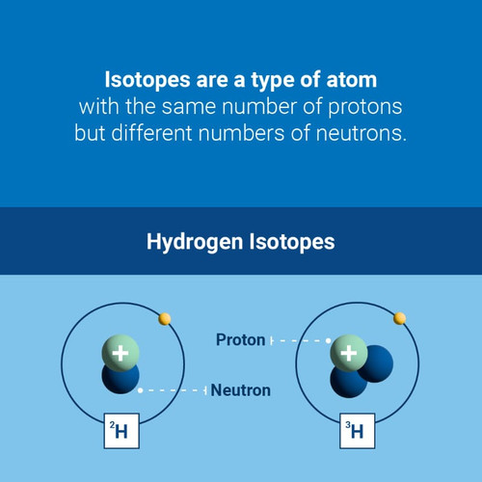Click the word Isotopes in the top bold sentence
point(147,80)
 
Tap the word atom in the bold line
point(352,80)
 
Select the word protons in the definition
point(365,107)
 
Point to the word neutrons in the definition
point(361,133)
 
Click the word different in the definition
point(151,132)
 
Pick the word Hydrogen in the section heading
point(195,242)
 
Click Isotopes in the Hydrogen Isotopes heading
point(292,242)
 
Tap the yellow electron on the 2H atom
point(165,319)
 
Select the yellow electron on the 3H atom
point(400,318)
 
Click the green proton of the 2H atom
point(120,353)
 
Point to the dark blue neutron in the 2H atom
point(120,379)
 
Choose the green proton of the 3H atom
point(349,353)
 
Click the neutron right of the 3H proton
point(379,363)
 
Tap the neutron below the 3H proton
point(347,384)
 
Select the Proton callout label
point(241,340)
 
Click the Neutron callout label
point(241,390)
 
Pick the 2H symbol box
point(121,431)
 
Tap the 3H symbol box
point(358,431)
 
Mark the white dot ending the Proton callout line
point(328,340)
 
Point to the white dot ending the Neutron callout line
point(140,390)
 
